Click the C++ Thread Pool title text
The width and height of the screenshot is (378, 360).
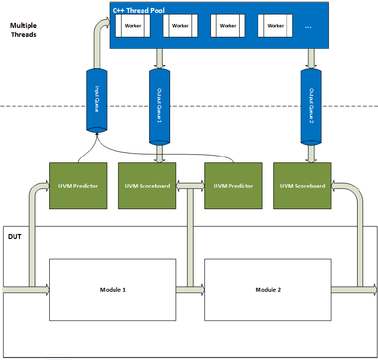(139, 10)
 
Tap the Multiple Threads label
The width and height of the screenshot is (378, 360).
(23, 30)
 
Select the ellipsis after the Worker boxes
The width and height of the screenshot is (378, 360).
(307, 26)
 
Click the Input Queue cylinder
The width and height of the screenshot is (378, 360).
(97, 100)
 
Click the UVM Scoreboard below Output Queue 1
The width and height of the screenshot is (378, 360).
(147, 186)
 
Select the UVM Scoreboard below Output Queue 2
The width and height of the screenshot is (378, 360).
(302, 186)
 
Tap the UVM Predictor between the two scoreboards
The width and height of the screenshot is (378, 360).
(233, 186)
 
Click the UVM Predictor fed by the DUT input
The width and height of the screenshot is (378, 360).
(78, 186)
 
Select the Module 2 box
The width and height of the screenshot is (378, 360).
(268, 289)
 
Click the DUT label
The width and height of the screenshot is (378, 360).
(15, 237)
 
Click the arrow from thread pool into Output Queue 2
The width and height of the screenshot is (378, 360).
(311, 58)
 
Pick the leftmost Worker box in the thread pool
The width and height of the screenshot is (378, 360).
(132, 26)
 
